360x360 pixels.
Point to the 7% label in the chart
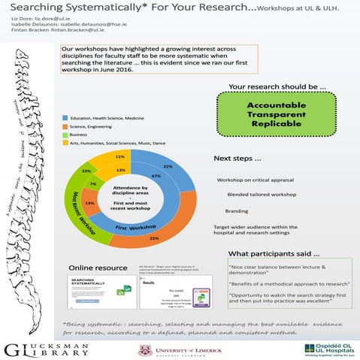point(92,183)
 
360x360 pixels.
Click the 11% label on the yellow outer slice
point(119,157)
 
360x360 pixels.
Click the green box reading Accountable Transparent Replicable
point(271,111)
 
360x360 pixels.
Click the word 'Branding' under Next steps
point(237,211)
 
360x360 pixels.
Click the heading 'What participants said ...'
point(274,253)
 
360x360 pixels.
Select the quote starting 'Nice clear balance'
point(274,271)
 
